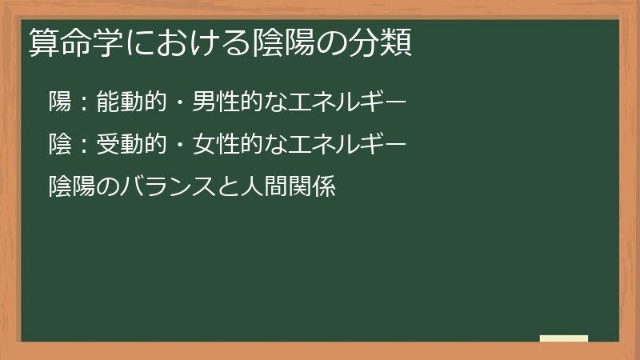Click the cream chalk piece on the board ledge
coord(564,338)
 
